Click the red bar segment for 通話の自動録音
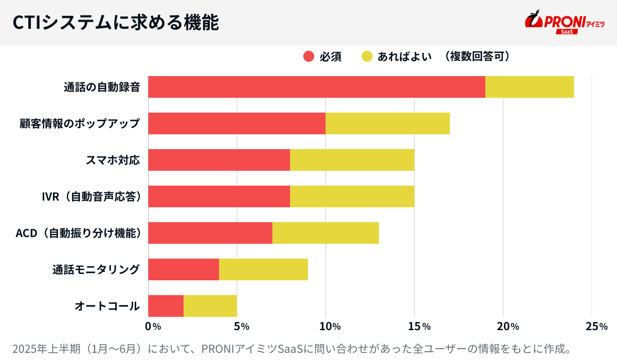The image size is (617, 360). [317, 87]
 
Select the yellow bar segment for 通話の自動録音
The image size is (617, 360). [530, 87]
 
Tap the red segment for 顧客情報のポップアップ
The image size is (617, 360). [237, 123]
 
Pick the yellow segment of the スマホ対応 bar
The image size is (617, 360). [352, 160]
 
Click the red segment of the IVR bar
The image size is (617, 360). [219, 196]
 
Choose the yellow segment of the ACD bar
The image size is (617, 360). [325, 233]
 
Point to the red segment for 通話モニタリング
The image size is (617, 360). [184, 269]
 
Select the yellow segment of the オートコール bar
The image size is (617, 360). [210, 306]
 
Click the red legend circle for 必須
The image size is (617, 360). [308, 57]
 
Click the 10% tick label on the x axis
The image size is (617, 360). [330, 326]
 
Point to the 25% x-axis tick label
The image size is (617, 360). [596, 326]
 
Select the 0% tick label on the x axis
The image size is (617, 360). [153, 326]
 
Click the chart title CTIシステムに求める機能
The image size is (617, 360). [116, 23]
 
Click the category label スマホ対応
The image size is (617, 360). [113, 160]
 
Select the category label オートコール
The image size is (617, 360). [107, 306]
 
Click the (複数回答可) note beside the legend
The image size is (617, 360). [478, 57]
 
